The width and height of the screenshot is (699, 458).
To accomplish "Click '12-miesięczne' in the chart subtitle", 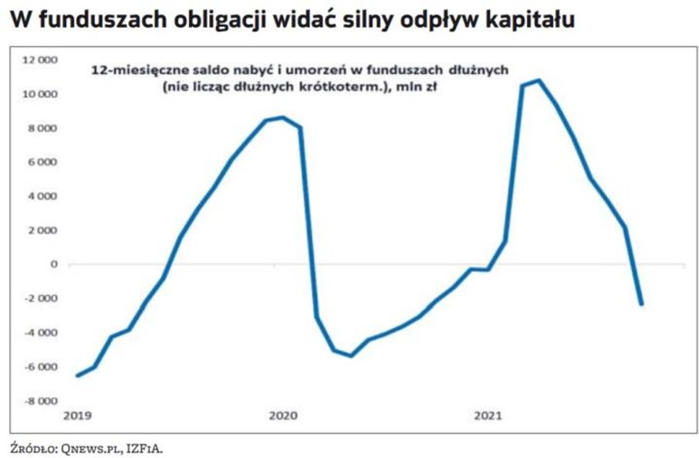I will [137, 70].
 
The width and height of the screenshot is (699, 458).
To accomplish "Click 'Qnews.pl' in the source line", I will [80, 447].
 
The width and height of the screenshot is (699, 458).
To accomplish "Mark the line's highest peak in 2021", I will [539, 80].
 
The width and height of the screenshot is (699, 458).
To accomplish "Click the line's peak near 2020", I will [282, 117].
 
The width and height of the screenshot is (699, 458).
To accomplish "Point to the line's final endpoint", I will [641, 304].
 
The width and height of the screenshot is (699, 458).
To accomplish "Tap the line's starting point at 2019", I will [77, 375].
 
